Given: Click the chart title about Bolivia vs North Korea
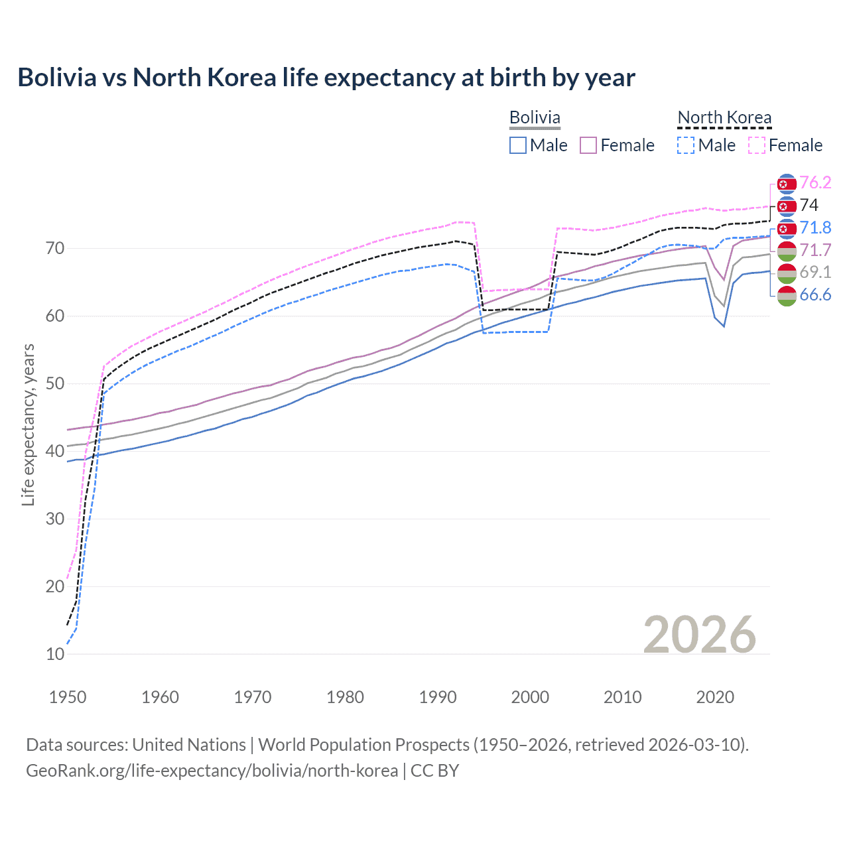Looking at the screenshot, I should pyautogui.click(x=326, y=78).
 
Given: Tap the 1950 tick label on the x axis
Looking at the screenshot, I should pyautogui.click(x=68, y=697).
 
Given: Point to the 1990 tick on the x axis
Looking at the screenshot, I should pyautogui.click(x=438, y=697).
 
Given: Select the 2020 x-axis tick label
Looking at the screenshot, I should pyautogui.click(x=715, y=697).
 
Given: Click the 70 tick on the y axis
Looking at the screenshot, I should pyautogui.click(x=55, y=249).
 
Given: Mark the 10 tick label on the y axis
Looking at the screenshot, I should pyautogui.click(x=55, y=654).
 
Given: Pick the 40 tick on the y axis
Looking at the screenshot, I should pyautogui.click(x=55, y=451).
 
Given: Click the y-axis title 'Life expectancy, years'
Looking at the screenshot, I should pyautogui.click(x=28, y=424).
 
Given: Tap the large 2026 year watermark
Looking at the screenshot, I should pyautogui.click(x=699, y=635).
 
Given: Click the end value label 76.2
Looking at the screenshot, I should pyautogui.click(x=815, y=182).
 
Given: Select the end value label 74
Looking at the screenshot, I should pyautogui.click(x=809, y=205).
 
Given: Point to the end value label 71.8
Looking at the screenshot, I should pyautogui.click(x=815, y=228).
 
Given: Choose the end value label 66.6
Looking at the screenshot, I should pyautogui.click(x=815, y=295).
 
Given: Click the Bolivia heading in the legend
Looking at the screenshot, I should pyautogui.click(x=535, y=117).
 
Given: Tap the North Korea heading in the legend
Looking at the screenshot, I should pyautogui.click(x=724, y=117).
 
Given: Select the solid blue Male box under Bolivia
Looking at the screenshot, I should pyautogui.click(x=518, y=145).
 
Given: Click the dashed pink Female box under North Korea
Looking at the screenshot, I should pyautogui.click(x=757, y=145).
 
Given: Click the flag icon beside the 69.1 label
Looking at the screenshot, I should pyautogui.click(x=787, y=273).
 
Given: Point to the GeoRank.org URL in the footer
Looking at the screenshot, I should pyautogui.click(x=212, y=771).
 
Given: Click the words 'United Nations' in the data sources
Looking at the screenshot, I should pyautogui.click(x=189, y=745).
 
